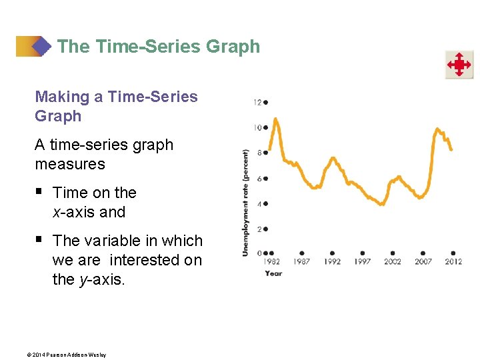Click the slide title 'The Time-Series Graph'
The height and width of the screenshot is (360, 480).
click(x=159, y=47)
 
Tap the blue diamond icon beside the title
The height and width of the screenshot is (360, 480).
click(x=41, y=47)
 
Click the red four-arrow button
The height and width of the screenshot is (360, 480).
click(x=459, y=65)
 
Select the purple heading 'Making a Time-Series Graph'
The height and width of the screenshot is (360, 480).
click(x=116, y=106)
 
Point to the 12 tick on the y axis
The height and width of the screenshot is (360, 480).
click(x=257, y=102)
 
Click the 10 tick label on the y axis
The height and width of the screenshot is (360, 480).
click(x=257, y=127)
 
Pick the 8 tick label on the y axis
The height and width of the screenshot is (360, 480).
click(x=259, y=153)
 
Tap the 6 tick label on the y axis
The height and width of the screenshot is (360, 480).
click(x=259, y=179)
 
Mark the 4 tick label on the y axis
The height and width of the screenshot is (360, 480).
click(x=259, y=204)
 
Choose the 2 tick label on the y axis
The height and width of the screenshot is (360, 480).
click(x=259, y=229)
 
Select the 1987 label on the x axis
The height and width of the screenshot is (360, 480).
click(x=302, y=261)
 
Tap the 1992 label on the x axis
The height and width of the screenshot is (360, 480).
click(x=332, y=261)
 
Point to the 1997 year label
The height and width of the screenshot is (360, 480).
click(x=362, y=261)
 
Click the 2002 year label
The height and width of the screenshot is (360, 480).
click(x=393, y=261)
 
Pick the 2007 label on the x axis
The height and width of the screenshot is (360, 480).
click(x=423, y=261)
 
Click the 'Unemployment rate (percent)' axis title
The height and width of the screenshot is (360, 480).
click(x=245, y=203)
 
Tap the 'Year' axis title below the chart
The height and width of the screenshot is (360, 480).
click(x=273, y=273)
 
